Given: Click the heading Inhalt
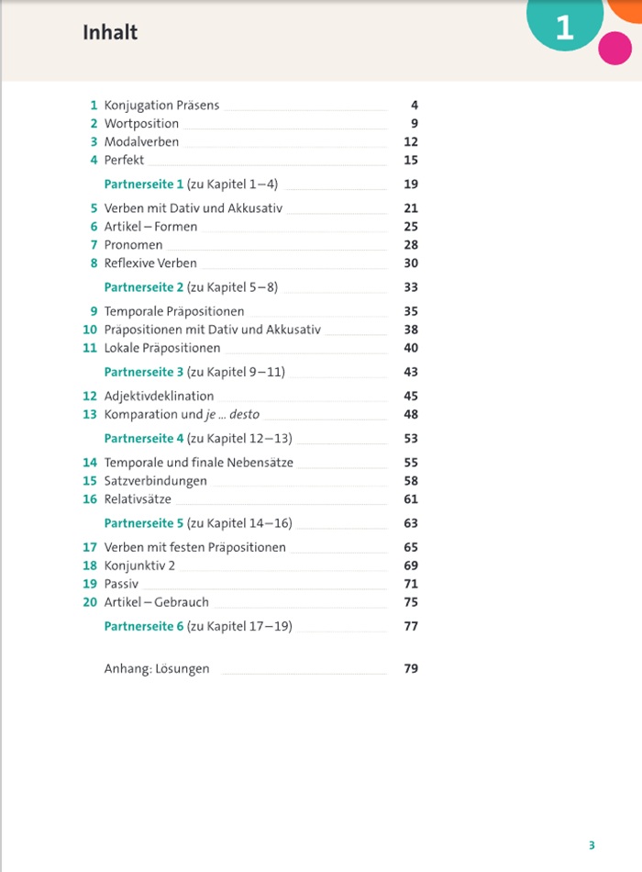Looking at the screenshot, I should (110, 33).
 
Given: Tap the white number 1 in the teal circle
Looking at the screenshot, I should (564, 28).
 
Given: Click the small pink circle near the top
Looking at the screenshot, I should (614, 48).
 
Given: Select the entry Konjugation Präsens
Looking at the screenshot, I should (161, 106).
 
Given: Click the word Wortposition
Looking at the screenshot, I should (141, 124).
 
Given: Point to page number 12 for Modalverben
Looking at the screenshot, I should (410, 142).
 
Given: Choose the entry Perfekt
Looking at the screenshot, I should (124, 161).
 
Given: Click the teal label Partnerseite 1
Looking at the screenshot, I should (144, 184).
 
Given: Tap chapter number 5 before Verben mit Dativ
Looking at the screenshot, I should (94, 208).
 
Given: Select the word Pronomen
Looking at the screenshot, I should (133, 245).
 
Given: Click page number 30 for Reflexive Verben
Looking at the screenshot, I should (410, 263).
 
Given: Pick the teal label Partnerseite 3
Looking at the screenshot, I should (144, 372).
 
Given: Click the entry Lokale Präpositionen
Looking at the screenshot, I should (162, 348).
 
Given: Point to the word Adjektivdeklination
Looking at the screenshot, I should (159, 397).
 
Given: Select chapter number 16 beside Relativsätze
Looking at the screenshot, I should (90, 499).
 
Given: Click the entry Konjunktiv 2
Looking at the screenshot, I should (139, 565).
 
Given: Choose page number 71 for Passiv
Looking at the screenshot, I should (410, 584).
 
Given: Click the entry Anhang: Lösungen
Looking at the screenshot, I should (157, 669).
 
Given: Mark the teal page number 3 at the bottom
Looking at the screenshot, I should (592, 845).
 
